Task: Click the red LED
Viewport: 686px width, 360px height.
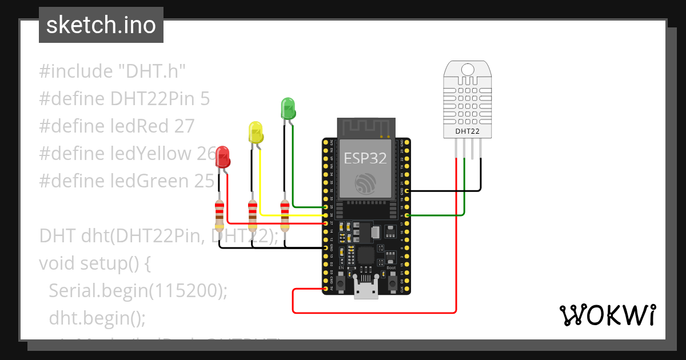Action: (222, 156)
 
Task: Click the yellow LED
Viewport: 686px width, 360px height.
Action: (256, 132)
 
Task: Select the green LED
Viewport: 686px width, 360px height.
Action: (288, 108)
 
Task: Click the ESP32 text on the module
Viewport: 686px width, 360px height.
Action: (365, 158)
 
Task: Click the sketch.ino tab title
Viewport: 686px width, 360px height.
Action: (101, 25)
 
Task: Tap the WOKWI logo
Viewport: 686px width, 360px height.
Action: (607, 315)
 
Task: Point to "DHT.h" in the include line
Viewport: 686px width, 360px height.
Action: (152, 72)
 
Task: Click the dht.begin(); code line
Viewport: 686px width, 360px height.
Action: (97, 317)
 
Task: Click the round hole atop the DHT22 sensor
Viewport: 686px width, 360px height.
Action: (468, 69)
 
